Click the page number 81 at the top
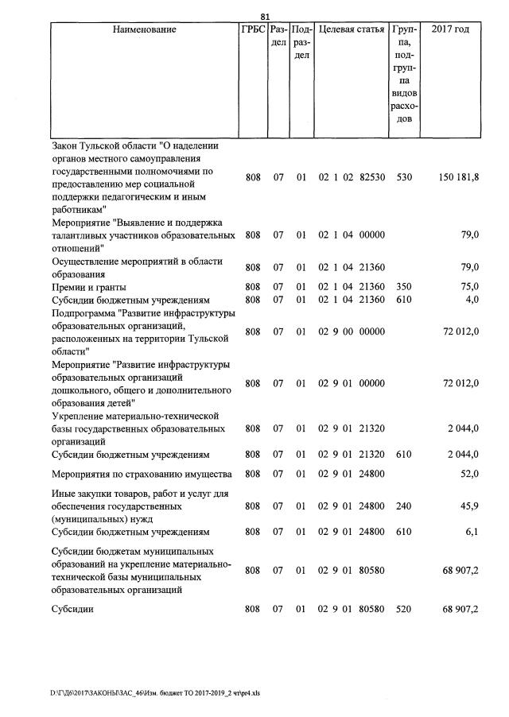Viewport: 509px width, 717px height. (266, 15)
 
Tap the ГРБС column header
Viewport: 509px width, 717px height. (252, 29)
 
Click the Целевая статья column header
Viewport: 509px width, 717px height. (352, 29)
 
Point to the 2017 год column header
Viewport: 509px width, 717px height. (449, 29)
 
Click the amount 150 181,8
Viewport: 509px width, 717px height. (458, 177)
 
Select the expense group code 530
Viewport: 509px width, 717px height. (404, 177)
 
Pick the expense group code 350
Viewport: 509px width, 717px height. (404, 287)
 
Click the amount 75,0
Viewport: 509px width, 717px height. (470, 287)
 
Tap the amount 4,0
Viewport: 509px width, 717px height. (472, 300)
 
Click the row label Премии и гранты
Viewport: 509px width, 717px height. (88, 287)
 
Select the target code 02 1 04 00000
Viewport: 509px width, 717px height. (352, 235)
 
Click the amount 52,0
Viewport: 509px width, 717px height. (470, 475)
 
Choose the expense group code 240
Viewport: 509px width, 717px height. (404, 506)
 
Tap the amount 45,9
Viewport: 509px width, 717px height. (470, 506)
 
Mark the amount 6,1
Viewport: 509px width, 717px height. (472, 532)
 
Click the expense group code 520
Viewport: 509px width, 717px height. (404, 609)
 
